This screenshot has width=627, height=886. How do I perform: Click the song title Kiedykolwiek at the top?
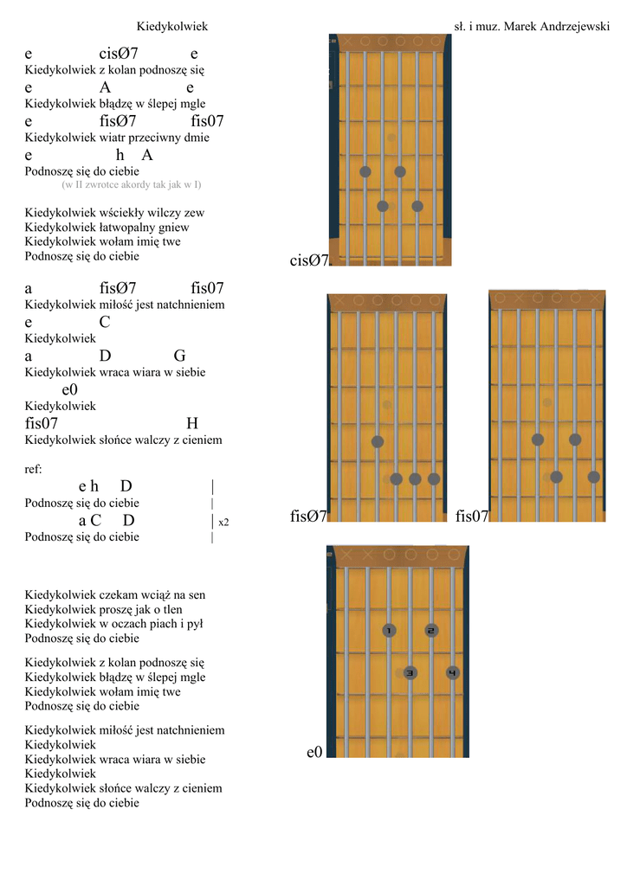[x=172, y=27]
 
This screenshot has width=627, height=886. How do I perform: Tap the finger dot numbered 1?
[x=389, y=631]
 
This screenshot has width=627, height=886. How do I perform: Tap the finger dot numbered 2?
[x=431, y=631]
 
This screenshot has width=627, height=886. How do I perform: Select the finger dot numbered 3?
[x=410, y=672]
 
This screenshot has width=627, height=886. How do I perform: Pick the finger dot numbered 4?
[x=452, y=672]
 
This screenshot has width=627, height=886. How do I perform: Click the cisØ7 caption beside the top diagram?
[x=309, y=260]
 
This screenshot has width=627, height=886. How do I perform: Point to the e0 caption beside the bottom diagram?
[x=314, y=753]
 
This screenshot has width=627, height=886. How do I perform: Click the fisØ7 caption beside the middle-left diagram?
[x=308, y=517]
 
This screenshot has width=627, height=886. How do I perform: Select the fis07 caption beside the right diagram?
[x=472, y=517]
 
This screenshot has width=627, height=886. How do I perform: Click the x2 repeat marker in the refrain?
[x=224, y=522]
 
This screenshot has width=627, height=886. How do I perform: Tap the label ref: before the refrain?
[x=34, y=469]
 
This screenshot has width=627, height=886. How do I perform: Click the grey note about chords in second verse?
[x=132, y=184]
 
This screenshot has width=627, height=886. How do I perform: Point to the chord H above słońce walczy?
[x=192, y=423]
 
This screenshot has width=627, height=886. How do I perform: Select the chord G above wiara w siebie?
[x=179, y=356]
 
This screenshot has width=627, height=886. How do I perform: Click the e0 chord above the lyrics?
[x=70, y=389]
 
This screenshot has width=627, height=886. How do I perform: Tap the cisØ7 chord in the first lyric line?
[x=119, y=55]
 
